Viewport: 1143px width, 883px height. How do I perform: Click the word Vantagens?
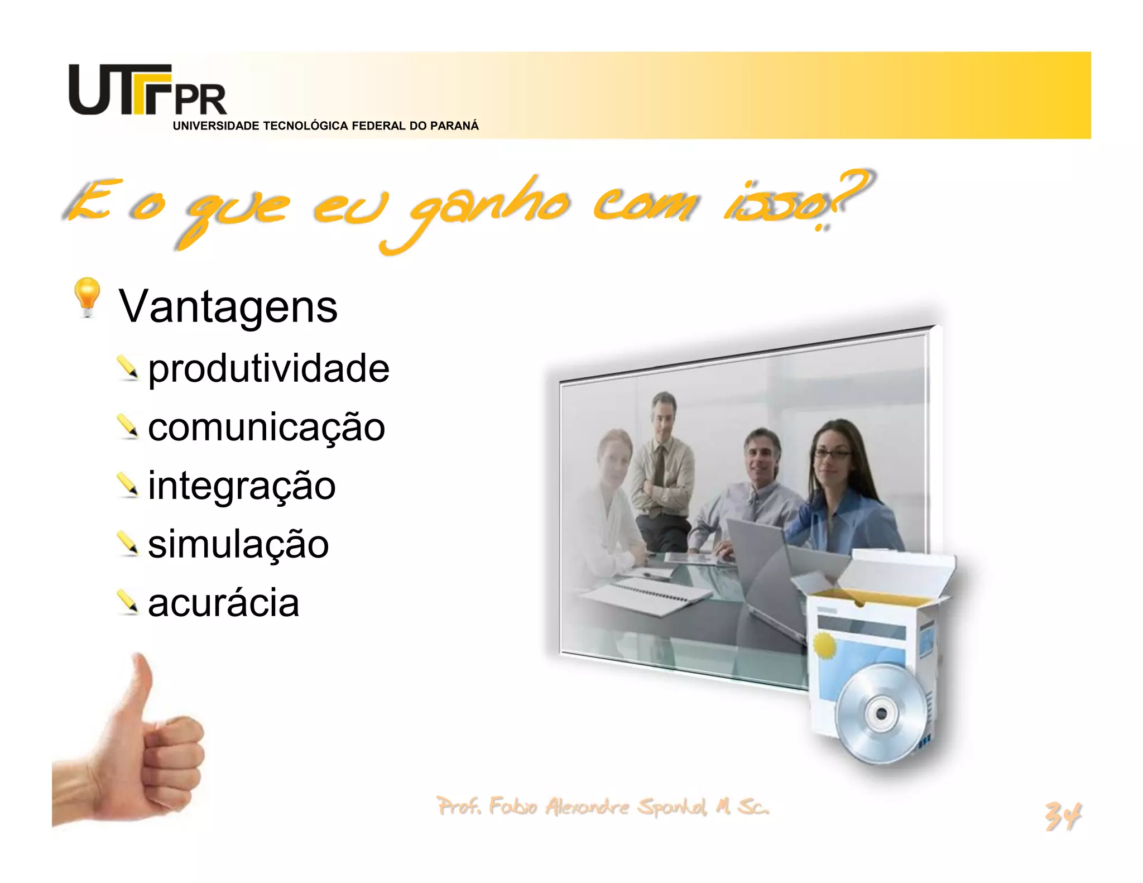(228, 306)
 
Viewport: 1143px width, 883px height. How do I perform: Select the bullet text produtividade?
(268, 368)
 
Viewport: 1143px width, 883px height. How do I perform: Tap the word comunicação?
(266, 428)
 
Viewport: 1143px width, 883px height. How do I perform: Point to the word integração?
(242, 486)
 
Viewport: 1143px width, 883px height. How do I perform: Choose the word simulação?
(238, 544)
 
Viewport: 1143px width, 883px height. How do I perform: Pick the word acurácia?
(223, 603)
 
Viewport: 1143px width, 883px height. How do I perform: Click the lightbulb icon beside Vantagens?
(87, 296)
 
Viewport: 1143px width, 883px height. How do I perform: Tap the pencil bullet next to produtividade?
(128, 368)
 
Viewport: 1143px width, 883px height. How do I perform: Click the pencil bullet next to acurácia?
(128, 603)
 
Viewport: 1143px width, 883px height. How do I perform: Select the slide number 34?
(1063, 817)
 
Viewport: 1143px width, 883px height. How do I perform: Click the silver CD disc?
(880, 713)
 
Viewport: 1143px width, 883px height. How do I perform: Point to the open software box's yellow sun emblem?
(825, 646)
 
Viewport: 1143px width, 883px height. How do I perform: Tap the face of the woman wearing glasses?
(832, 455)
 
